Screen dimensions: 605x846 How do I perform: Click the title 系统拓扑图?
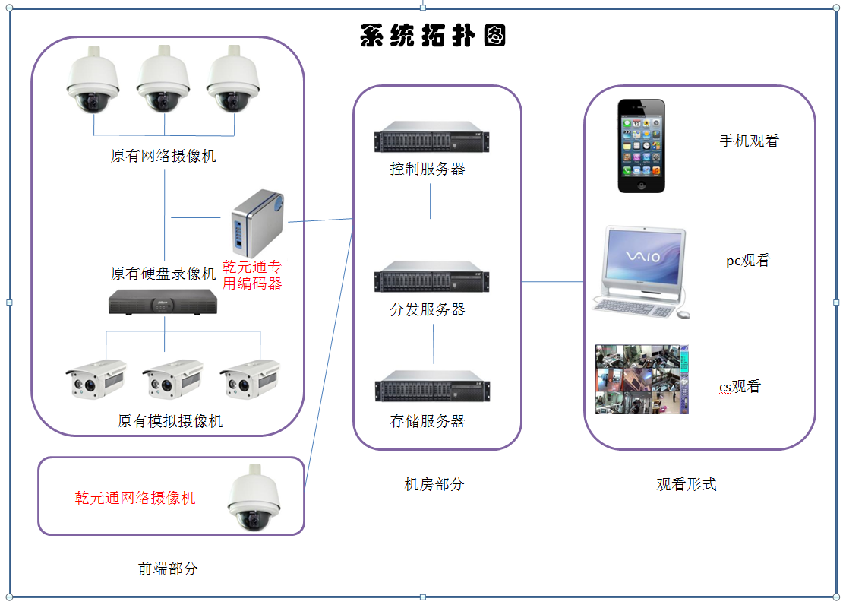coord(433,36)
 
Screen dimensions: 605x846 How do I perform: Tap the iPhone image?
coord(641,145)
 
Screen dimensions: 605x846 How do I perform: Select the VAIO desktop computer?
coord(642,271)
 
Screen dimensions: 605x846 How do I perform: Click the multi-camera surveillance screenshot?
coord(641,379)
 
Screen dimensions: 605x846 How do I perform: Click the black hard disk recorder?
coord(163,302)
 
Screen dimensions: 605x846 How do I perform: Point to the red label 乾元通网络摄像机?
coord(135,498)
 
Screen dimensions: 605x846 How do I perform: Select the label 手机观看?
coord(749,141)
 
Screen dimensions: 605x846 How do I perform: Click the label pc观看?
coord(747,261)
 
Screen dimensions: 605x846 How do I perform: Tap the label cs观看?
coord(739,387)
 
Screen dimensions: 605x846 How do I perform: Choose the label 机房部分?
coord(434,484)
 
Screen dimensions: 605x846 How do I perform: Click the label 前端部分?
coord(168,568)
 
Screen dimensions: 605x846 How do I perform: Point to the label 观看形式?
coord(687,484)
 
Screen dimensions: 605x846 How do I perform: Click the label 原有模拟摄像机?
coord(170,421)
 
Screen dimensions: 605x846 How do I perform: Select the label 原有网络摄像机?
coord(163,157)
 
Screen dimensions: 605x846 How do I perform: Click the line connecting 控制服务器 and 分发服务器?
coord(431,201)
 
